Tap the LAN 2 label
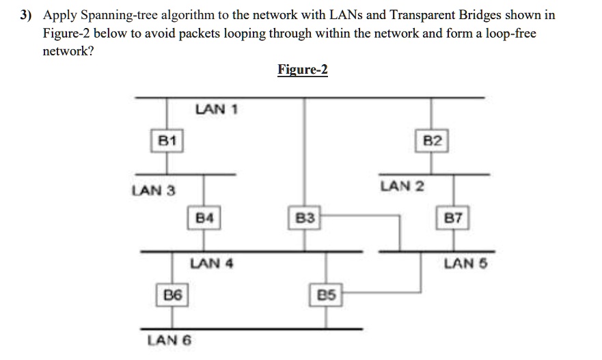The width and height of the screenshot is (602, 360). click(x=402, y=186)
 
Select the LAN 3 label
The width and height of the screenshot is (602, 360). click(x=154, y=191)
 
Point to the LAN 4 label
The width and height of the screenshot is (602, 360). click(x=212, y=263)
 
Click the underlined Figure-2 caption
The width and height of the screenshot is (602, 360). click(x=303, y=70)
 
